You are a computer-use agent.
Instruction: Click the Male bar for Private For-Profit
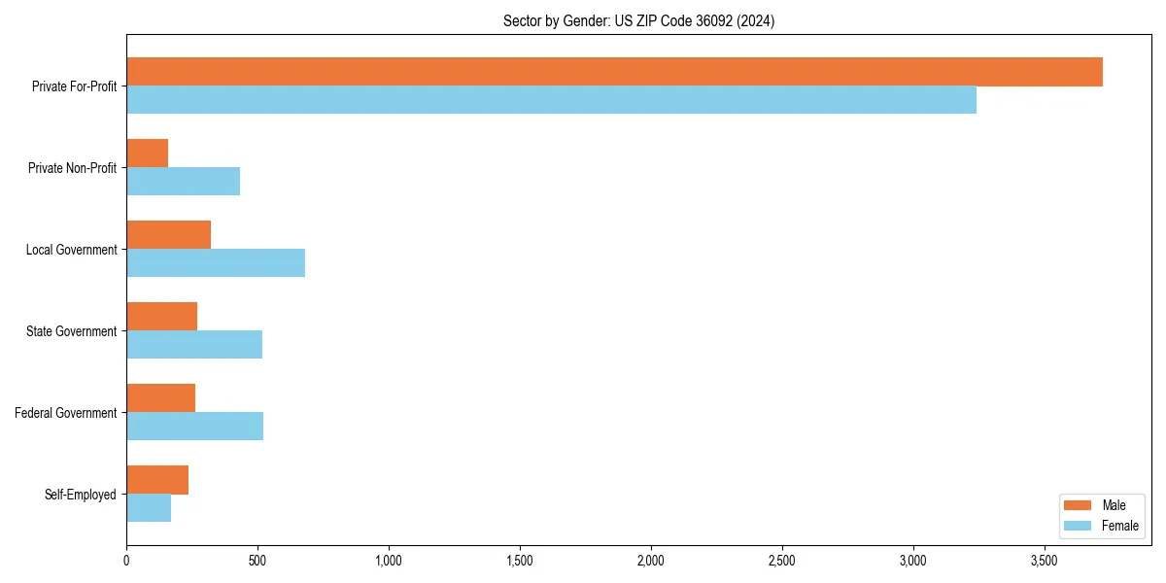pyautogui.click(x=614, y=72)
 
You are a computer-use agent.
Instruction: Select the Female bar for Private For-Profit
pyautogui.click(x=551, y=100)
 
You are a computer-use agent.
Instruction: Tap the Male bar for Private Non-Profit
pyautogui.click(x=148, y=154)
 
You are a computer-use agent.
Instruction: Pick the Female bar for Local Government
pyautogui.click(x=216, y=263)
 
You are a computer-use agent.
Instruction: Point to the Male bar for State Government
pyautogui.click(x=162, y=317)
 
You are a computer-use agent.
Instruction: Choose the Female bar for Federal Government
pyautogui.click(x=194, y=427)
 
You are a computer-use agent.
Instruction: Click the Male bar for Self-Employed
pyautogui.click(x=157, y=480)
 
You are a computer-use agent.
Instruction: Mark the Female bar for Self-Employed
pyautogui.click(x=149, y=508)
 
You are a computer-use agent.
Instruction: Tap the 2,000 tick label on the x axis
pyautogui.click(x=650, y=561)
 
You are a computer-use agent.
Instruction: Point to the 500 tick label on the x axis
pyautogui.click(x=257, y=561)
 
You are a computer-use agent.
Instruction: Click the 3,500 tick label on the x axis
pyautogui.click(x=1044, y=561)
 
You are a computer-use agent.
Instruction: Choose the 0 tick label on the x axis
pyautogui.click(x=126, y=561)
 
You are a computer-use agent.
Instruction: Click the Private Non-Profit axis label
pyautogui.click(x=72, y=168)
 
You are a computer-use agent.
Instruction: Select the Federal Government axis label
pyautogui.click(x=66, y=413)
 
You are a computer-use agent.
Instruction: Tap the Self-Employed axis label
pyautogui.click(x=81, y=495)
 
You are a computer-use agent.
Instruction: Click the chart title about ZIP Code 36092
pyautogui.click(x=638, y=20)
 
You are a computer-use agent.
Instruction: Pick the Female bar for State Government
pyautogui.click(x=194, y=345)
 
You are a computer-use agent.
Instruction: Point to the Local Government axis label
pyautogui.click(x=71, y=250)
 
